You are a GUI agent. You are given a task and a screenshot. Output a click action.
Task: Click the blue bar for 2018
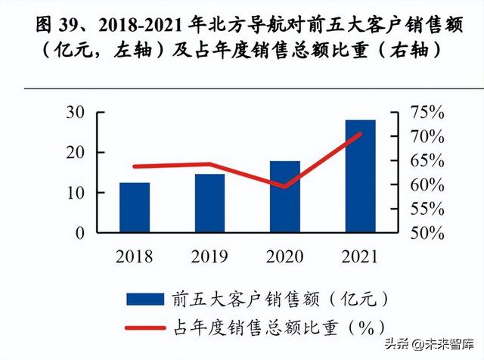135,207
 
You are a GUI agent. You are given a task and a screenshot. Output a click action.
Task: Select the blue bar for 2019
209,203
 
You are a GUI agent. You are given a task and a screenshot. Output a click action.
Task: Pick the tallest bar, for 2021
360,175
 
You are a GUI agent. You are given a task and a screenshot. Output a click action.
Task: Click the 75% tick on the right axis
423,113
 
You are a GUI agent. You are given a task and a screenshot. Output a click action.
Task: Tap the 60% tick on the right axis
423,185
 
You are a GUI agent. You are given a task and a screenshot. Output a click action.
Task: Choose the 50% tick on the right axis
423,233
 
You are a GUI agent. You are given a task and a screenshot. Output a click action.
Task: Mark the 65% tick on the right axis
423,161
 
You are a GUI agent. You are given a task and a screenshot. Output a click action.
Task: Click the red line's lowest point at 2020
285,186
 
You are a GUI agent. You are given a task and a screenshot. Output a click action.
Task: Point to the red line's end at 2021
361,134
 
